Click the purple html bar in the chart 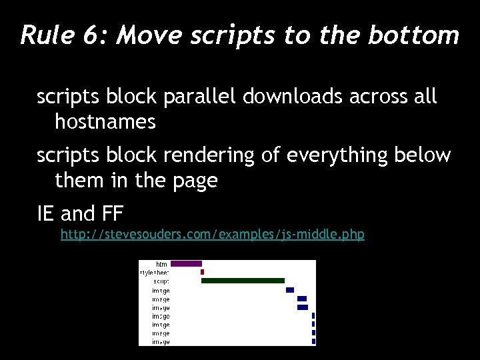point(186,264)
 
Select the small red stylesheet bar point(202,272)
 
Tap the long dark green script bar point(243,281)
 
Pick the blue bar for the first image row point(290,290)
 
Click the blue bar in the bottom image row point(313,341)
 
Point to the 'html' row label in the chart point(162,265)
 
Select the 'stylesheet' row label point(154,273)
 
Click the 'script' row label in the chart point(161,281)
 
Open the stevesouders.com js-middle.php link point(212,235)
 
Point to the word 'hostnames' point(105,121)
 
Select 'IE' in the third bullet point(46,214)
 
